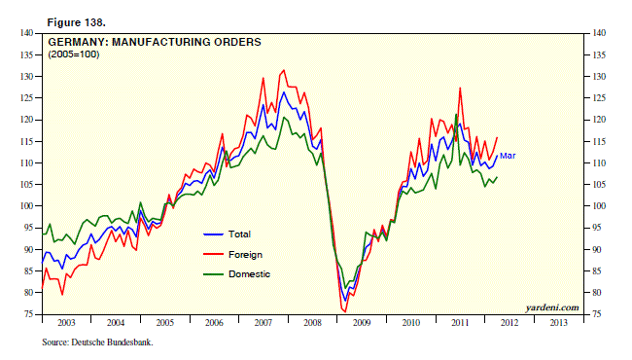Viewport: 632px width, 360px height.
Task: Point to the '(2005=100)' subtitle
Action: (x=73, y=56)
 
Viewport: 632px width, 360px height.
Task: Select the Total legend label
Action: (x=239, y=234)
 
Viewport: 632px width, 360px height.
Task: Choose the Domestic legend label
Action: (x=249, y=274)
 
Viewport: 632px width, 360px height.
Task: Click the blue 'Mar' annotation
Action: (x=508, y=155)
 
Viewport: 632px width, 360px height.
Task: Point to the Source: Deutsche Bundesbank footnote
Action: (x=97, y=342)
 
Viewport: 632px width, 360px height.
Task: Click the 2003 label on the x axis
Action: (x=66, y=322)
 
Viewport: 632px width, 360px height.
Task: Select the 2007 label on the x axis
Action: (x=262, y=322)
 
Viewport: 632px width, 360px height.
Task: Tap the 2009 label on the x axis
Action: (x=360, y=322)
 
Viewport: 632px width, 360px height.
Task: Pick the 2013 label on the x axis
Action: (x=556, y=322)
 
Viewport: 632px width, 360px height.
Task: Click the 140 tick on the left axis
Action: (x=26, y=33)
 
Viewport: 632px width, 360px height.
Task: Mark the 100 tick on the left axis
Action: (x=26, y=206)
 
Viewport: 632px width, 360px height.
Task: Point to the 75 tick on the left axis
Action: (x=28, y=314)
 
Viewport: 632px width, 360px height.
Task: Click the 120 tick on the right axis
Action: (x=600, y=120)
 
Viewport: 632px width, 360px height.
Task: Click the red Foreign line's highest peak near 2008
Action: (x=283, y=70)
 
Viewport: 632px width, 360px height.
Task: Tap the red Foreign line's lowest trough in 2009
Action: (x=344, y=311)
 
